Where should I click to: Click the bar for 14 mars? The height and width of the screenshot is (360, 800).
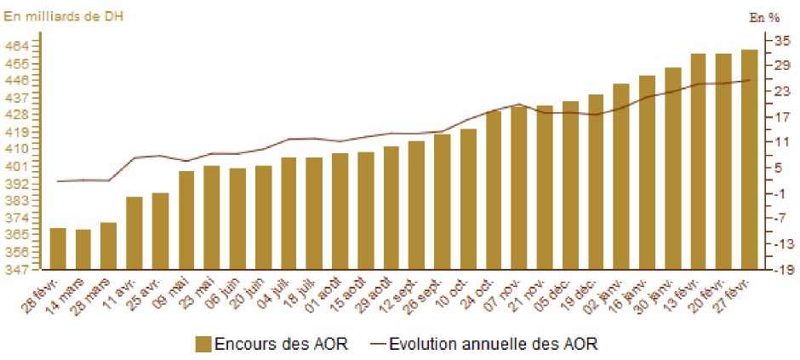83,249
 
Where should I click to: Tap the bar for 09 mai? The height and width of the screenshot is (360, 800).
186,220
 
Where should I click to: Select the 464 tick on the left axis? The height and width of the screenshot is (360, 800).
19,46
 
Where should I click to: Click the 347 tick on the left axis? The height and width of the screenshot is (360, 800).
19,269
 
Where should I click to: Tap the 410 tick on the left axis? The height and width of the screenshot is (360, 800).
19,149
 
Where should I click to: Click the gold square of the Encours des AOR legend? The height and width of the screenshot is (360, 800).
203,344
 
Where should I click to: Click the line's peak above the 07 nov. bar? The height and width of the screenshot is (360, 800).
519,104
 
